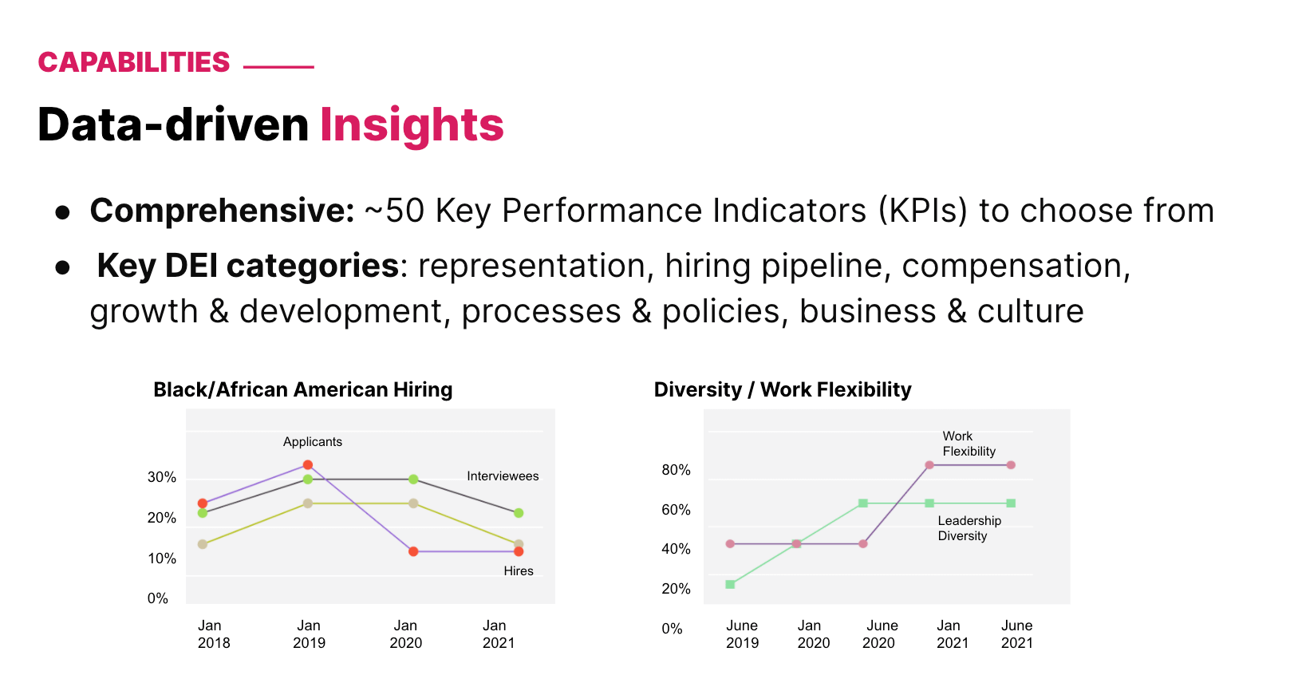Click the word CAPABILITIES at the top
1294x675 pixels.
pyautogui.click(x=134, y=62)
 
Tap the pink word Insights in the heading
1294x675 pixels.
pyautogui.click(x=412, y=125)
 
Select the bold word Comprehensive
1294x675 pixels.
pyautogui.click(x=222, y=211)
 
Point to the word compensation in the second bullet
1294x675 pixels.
pyautogui.click(x=1016, y=266)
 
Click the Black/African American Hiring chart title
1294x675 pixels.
pyautogui.click(x=302, y=389)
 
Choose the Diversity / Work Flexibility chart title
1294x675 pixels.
pyautogui.click(x=782, y=389)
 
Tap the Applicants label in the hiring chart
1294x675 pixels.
pyautogui.click(x=312, y=442)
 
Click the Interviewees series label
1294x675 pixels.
pyautogui.click(x=503, y=476)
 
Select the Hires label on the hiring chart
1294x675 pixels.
pyautogui.click(x=518, y=571)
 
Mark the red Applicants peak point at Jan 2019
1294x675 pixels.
pyautogui.click(x=308, y=465)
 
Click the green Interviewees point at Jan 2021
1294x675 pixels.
pyautogui.click(x=519, y=513)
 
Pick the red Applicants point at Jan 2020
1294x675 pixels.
pyautogui.click(x=413, y=551)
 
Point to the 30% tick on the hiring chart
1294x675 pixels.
pyautogui.click(x=162, y=477)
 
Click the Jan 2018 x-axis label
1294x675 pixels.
pyautogui.click(x=212, y=634)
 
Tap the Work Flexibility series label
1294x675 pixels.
pyautogui.click(x=968, y=444)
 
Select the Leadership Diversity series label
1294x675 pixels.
pyautogui.click(x=969, y=528)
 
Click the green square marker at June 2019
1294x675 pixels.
pyautogui.click(x=730, y=585)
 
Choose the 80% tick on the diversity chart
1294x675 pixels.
pyautogui.click(x=676, y=470)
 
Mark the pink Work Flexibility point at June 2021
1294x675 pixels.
pyautogui.click(x=1011, y=465)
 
